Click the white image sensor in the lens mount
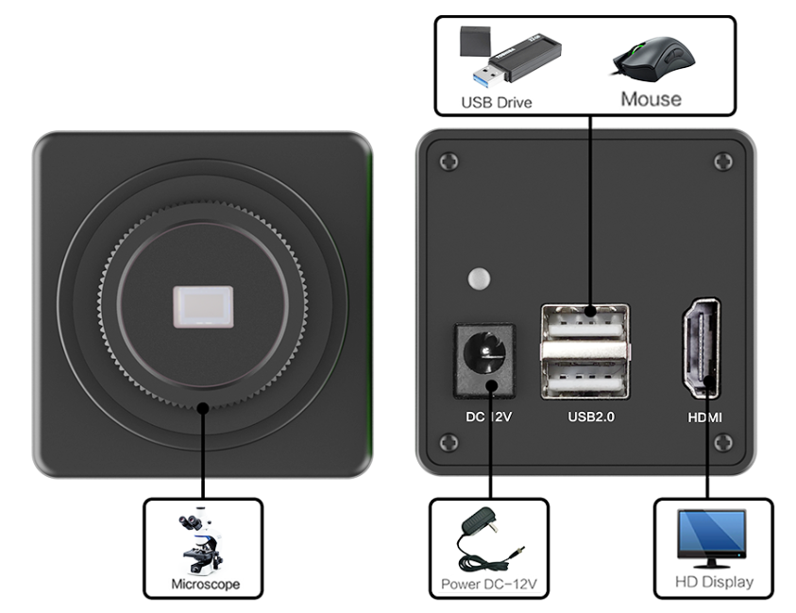coord(202,308)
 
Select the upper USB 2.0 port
coord(584,327)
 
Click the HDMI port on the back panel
coord(701,349)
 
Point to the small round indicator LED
coord(480,280)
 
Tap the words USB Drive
coord(496,101)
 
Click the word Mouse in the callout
coord(651,98)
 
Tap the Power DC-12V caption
coord(488,585)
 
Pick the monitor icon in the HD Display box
coord(713,536)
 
